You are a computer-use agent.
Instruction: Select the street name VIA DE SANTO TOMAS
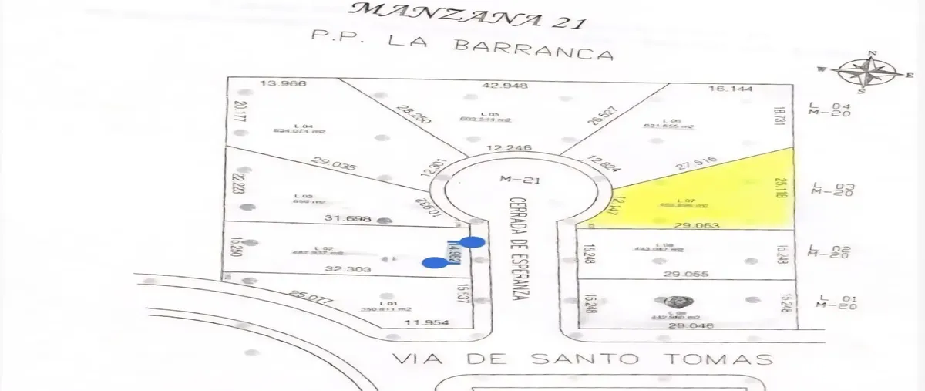[582, 359]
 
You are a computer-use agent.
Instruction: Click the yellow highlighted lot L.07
[694, 197]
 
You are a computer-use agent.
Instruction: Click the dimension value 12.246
[511, 147]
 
